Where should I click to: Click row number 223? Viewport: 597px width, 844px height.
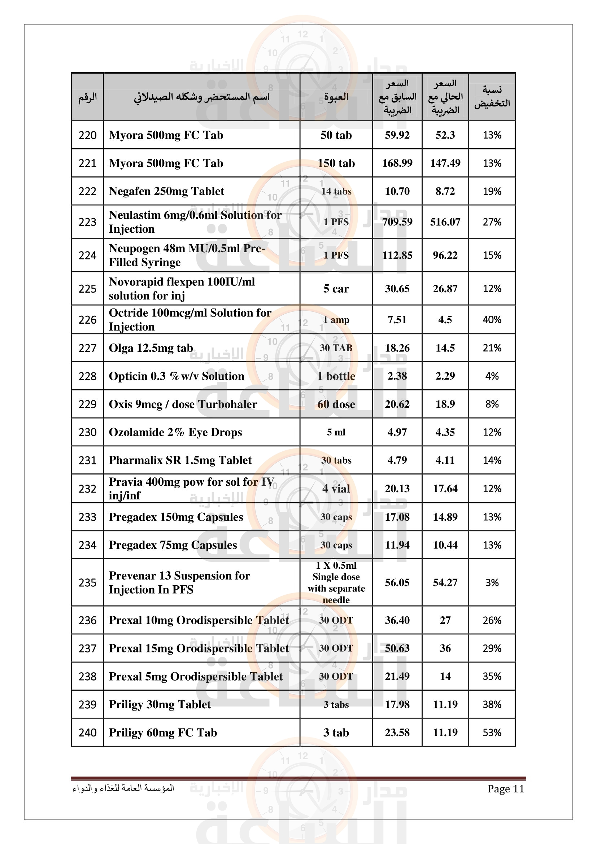(x=87, y=222)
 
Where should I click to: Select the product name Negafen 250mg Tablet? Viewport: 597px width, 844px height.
(x=166, y=191)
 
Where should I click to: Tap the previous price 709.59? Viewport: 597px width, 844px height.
(x=397, y=222)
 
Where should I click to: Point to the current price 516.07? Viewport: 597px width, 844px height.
(x=445, y=222)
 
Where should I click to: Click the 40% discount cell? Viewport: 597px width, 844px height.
(x=492, y=320)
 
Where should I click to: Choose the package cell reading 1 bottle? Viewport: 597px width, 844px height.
(x=336, y=376)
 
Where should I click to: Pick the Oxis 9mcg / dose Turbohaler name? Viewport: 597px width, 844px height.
(x=183, y=404)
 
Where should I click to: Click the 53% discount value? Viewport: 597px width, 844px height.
(x=492, y=733)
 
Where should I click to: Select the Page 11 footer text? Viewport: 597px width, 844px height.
(x=505, y=789)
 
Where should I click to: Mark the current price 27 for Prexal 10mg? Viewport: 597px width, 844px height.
(x=445, y=621)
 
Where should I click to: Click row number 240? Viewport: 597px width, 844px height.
(x=87, y=733)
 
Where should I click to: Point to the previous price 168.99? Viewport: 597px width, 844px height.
(x=397, y=163)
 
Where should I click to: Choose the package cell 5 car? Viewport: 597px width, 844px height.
(x=336, y=289)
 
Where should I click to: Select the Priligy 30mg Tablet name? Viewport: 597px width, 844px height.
(x=160, y=705)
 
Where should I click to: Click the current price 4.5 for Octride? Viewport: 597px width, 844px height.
(x=445, y=320)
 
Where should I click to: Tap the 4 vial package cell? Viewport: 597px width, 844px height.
(x=336, y=489)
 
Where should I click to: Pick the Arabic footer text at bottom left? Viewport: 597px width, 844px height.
(x=123, y=788)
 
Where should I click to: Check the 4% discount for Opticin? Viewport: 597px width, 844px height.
(x=492, y=376)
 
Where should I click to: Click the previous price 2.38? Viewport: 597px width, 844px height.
(x=397, y=376)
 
